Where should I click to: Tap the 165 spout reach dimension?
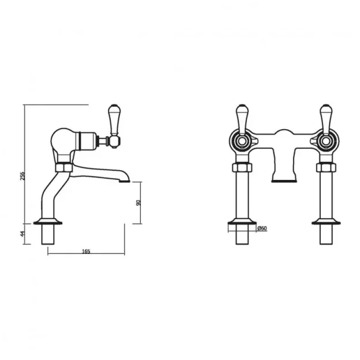tap(87, 251)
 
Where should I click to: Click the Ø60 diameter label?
tap(261, 229)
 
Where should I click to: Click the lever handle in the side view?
tap(113, 118)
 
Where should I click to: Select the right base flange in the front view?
tap(325, 222)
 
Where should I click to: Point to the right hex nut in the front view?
tap(325, 168)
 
